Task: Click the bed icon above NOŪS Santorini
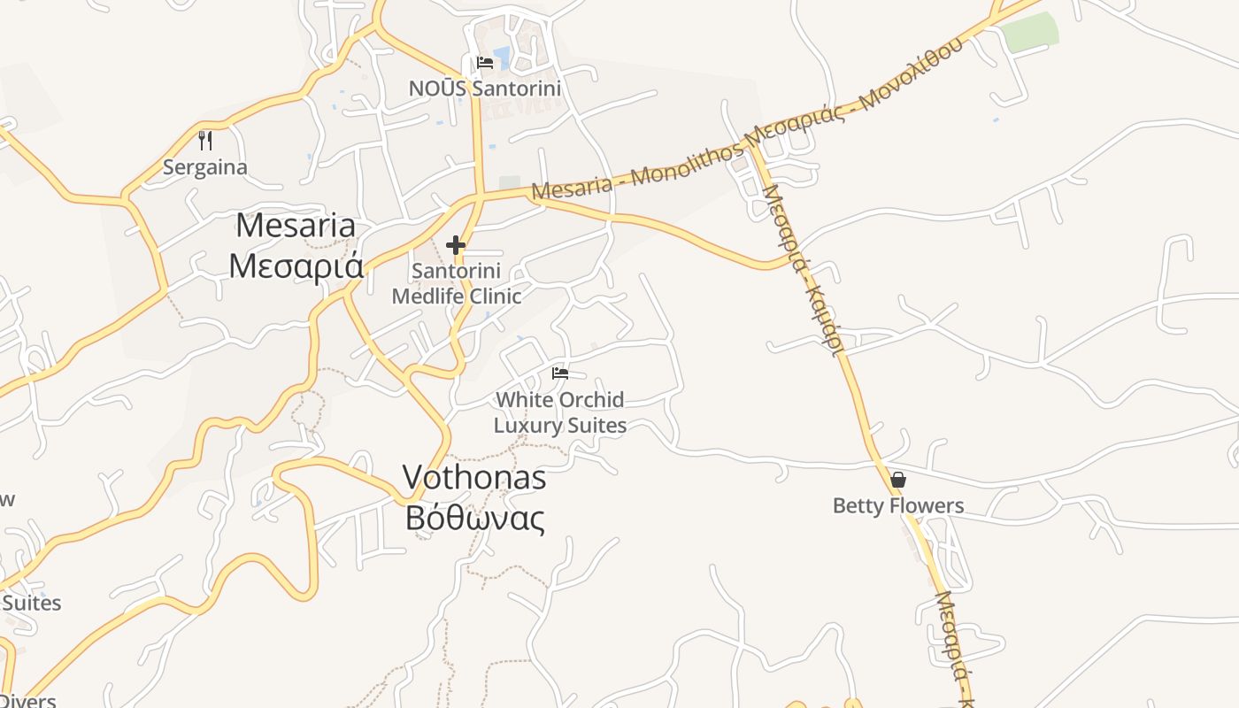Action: click(x=485, y=63)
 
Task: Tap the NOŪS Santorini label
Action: click(x=484, y=88)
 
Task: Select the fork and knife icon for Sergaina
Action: click(x=205, y=141)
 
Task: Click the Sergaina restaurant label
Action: click(x=205, y=167)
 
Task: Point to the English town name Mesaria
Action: click(x=296, y=225)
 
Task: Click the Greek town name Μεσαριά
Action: click(x=296, y=265)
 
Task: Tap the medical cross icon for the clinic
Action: click(x=456, y=245)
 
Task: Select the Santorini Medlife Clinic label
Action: click(x=457, y=283)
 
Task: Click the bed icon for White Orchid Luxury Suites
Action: click(x=560, y=373)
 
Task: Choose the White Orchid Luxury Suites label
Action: click(x=560, y=412)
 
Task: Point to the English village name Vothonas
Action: click(x=474, y=478)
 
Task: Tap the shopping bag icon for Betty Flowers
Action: click(x=898, y=480)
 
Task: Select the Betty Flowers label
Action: click(x=898, y=506)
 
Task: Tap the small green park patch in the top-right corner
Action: click(x=1031, y=32)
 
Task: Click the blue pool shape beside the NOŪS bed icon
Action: click(x=503, y=58)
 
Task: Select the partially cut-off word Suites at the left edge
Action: click(x=31, y=604)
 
